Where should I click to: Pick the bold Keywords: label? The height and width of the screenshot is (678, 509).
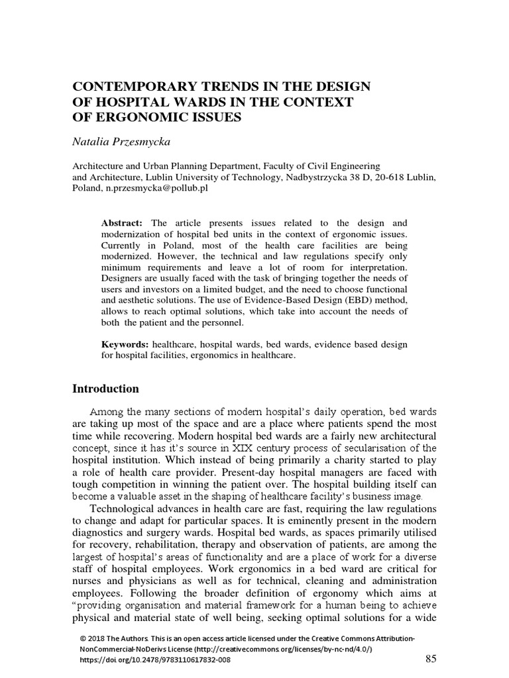pos(125,345)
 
